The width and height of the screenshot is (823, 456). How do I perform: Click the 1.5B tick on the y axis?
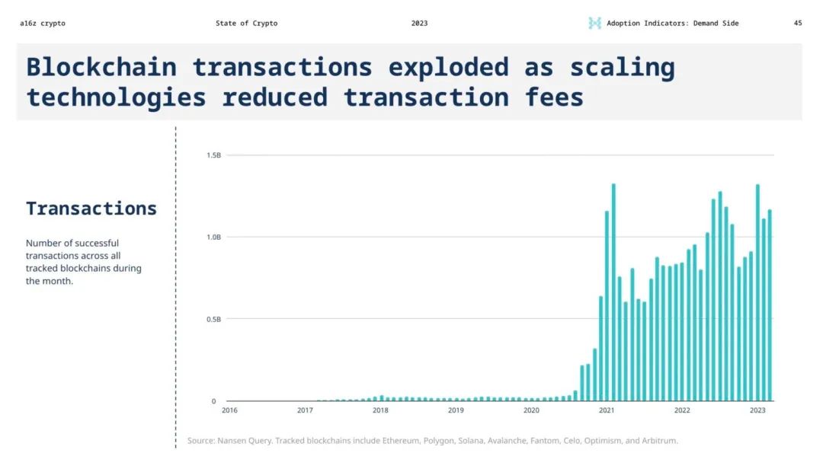point(213,155)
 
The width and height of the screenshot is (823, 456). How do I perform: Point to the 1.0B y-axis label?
point(213,237)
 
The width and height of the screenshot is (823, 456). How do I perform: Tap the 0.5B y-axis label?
point(213,319)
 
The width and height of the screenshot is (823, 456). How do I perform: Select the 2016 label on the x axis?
point(229,410)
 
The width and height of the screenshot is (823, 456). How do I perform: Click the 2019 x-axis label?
point(456,410)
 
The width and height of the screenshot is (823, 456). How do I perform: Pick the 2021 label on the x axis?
point(607,410)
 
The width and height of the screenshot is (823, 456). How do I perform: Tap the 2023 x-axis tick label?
point(757,410)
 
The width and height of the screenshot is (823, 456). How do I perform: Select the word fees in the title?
point(554,97)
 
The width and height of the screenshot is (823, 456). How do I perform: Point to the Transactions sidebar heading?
point(91,209)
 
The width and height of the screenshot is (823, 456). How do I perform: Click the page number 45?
point(798,23)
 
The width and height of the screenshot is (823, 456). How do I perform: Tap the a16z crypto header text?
point(43,23)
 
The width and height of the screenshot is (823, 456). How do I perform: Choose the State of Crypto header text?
point(246,23)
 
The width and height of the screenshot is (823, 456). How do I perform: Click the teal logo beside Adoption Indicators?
point(594,23)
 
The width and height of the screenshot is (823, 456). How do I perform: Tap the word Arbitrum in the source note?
point(659,441)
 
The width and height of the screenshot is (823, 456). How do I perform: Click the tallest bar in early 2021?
point(613,292)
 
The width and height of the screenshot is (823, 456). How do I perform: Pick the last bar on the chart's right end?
point(770,305)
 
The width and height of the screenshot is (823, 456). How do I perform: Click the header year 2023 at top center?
point(419,23)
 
